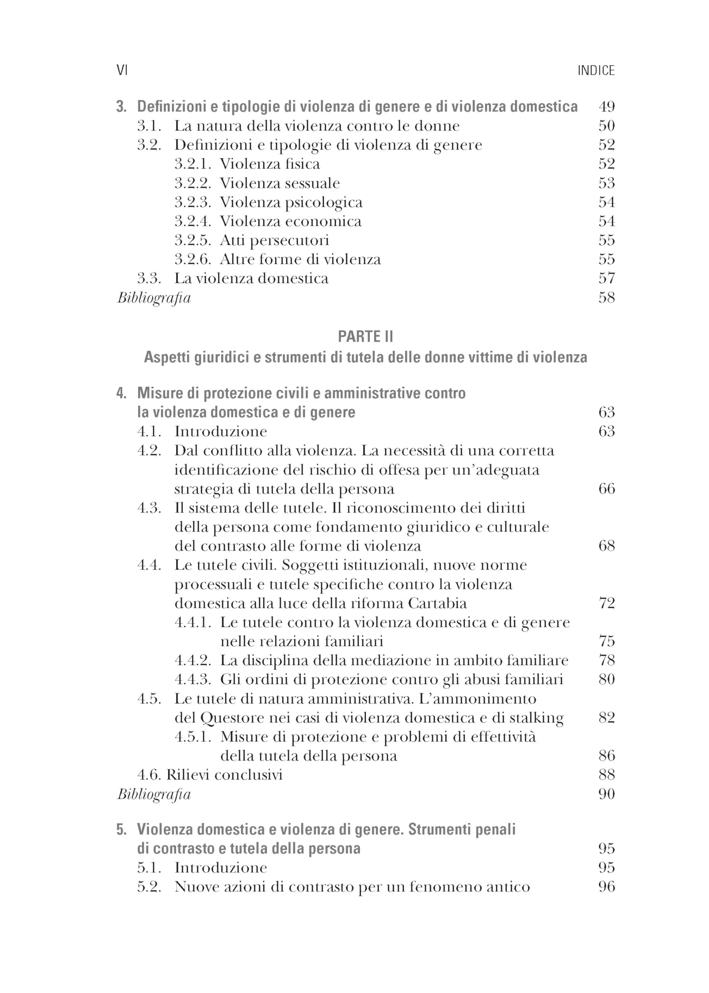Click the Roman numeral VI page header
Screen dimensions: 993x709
pos(122,70)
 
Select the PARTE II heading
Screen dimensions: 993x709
pos(366,336)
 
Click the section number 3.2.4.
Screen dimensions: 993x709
pos(192,221)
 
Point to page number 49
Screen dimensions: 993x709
pos(607,106)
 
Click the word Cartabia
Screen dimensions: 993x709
pos(437,604)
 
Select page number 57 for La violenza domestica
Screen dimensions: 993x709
pos(607,279)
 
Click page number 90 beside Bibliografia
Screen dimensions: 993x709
pos(607,794)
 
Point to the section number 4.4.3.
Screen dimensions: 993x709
pos(192,680)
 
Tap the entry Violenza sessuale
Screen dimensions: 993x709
pos(279,183)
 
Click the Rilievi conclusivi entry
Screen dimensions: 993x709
pos(224,775)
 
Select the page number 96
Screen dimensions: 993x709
pos(607,887)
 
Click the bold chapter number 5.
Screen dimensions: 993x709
pos(121,829)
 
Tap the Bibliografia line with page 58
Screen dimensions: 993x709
pos(154,298)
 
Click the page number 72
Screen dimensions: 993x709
pos(607,604)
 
